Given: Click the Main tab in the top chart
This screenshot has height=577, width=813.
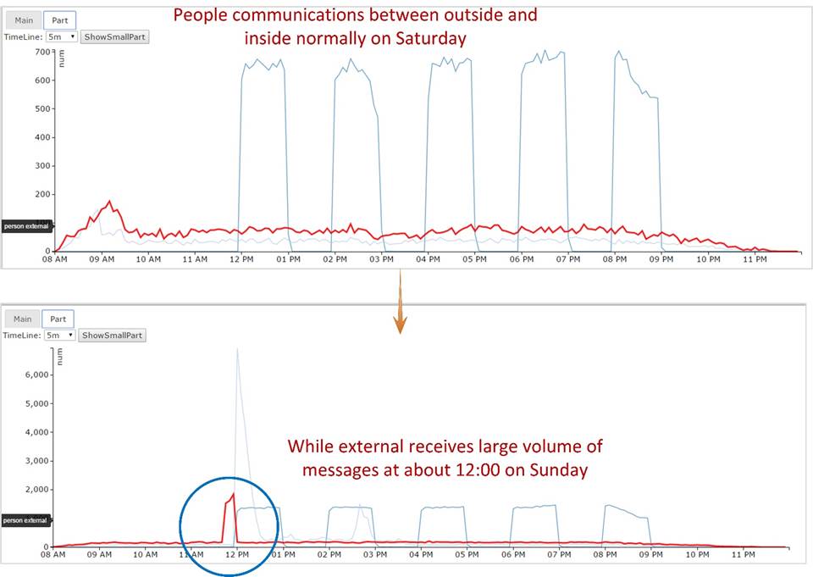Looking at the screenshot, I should pos(23,20).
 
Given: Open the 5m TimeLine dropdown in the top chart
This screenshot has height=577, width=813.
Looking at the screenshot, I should pos(62,37).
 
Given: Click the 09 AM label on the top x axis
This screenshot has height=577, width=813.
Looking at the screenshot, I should pos(102,259).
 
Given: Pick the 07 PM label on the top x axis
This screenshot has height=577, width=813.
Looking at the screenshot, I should pos(569,259).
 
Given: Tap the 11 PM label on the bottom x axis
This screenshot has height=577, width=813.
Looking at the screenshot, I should pos(743,556).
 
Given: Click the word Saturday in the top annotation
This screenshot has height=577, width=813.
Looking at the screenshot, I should pos(434,38).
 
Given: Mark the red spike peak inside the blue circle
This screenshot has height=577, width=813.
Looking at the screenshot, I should pos(233,493).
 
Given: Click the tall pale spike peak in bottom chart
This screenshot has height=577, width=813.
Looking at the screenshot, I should pos(237,348).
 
